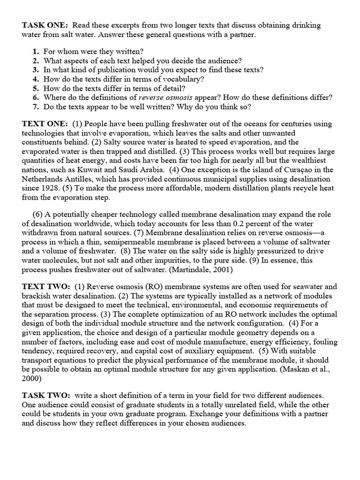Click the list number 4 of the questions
point(36,79)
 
